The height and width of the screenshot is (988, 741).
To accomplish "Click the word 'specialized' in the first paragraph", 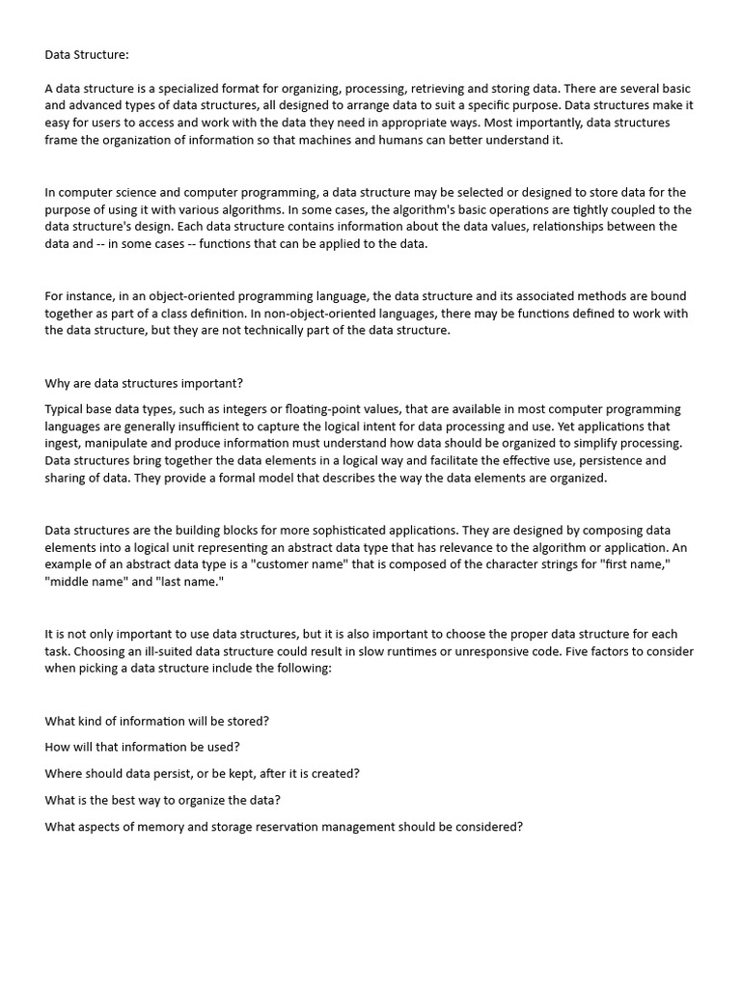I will coord(194,88).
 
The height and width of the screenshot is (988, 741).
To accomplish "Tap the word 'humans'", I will coord(424,140).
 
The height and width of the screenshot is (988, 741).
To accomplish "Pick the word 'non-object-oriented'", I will coord(322,314).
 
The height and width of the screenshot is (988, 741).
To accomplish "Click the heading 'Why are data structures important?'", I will coord(144,383).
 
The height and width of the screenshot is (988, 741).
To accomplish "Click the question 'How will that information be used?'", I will coord(142,747).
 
